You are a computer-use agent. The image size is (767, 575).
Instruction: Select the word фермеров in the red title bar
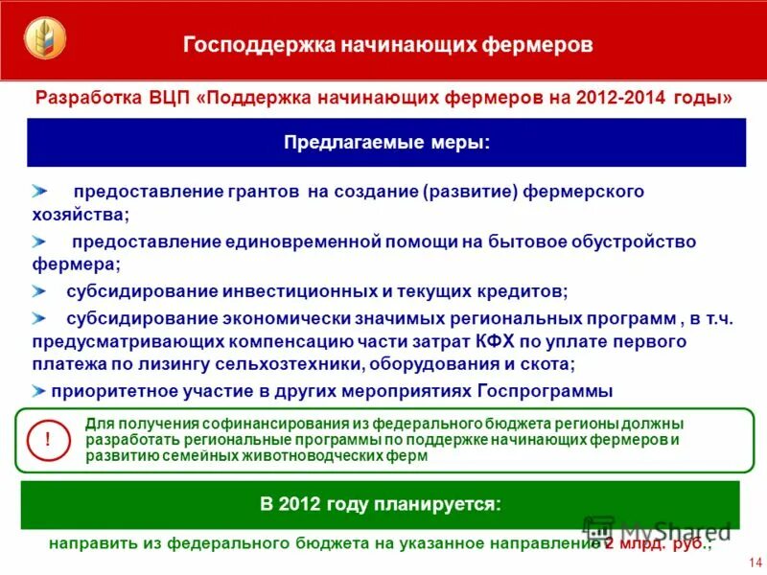click(x=542, y=45)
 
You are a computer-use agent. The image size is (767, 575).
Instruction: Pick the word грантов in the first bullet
click(x=269, y=192)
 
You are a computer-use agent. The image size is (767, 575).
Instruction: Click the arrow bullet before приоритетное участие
click(x=37, y=391)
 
